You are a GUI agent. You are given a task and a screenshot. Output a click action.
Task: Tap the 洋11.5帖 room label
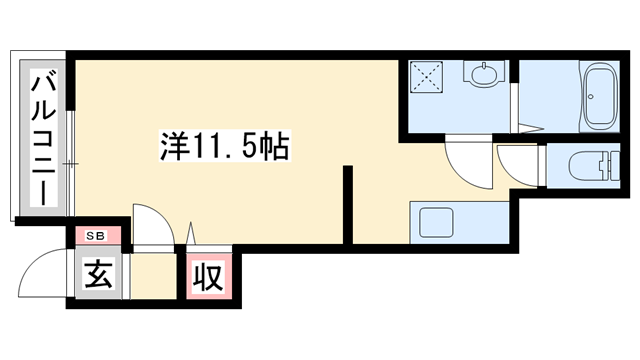(x=225, y=148)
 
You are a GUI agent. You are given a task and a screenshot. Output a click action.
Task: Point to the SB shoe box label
(x=96, y=235)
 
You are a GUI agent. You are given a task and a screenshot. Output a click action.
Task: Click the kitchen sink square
(x=437, y=221)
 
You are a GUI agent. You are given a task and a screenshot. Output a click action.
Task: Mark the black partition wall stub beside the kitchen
(x=349, y=205)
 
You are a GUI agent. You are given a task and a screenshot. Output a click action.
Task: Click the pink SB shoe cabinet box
(x=98, y=236)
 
